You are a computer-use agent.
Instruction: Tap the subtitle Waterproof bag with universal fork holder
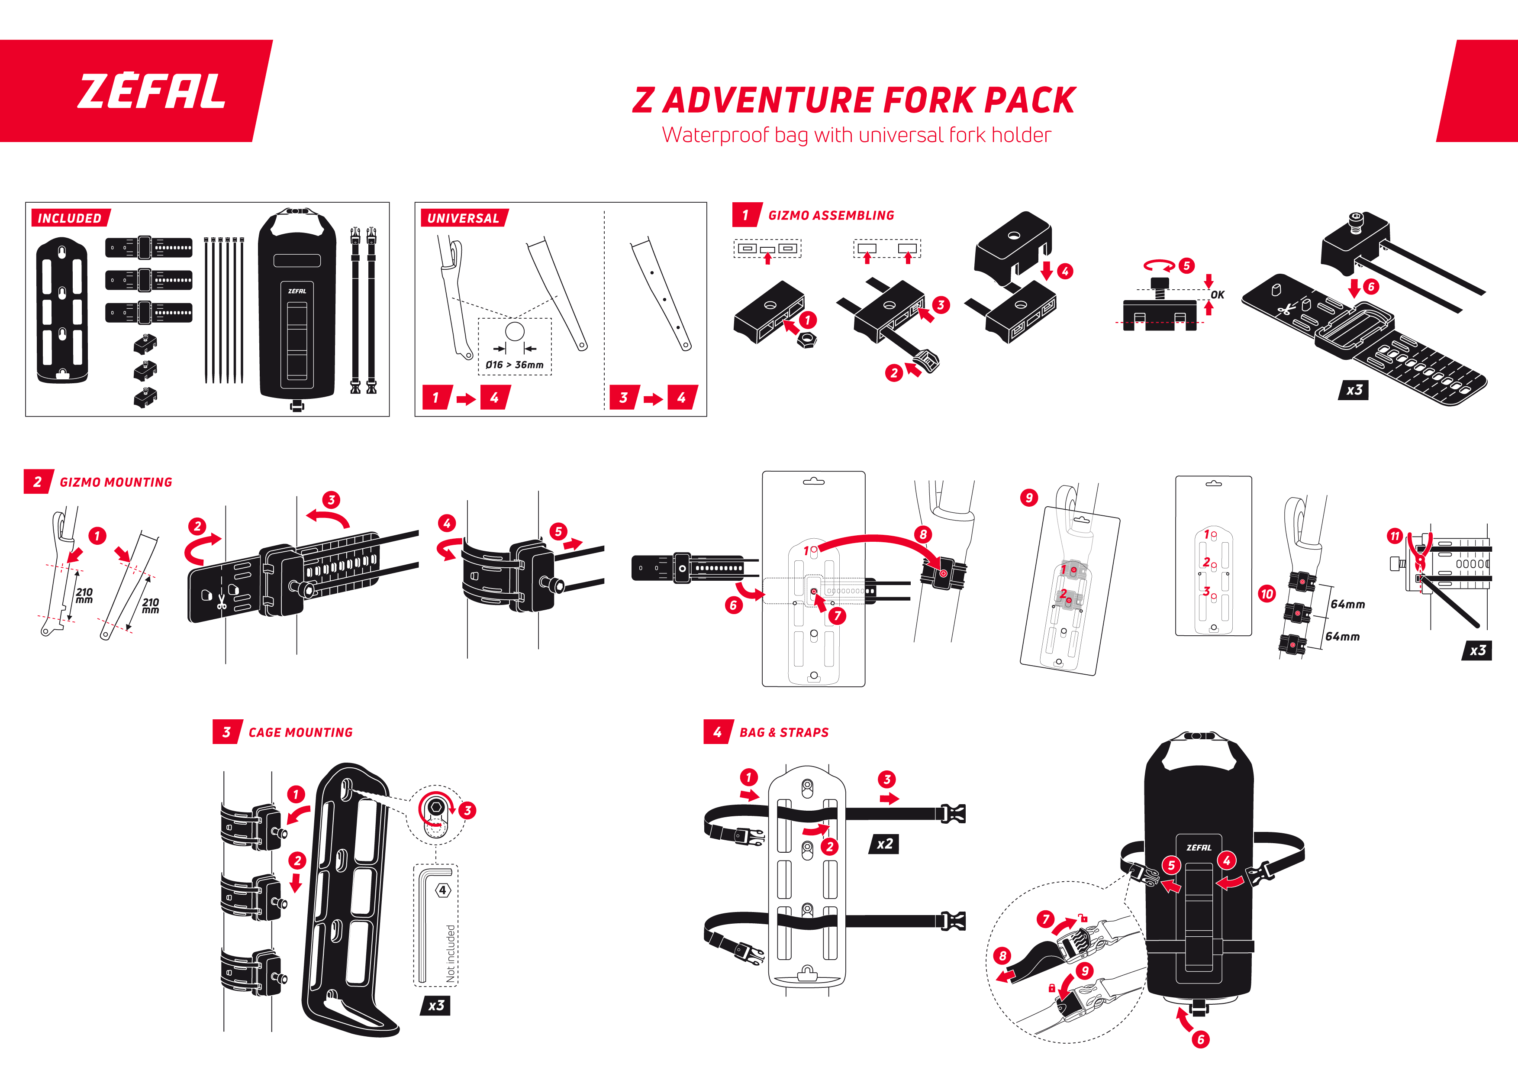pyautogui.click(x=856, y=135)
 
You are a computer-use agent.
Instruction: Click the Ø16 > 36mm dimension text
pyautogui.click(x=514, y=364)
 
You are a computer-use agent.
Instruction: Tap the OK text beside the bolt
pyautogui.click(x=1217, y=295)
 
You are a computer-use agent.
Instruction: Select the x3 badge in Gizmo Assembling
pyautogui.click(x=1354, y=390)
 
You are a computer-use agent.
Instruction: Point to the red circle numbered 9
pyautogui.click(x=1029, y=497)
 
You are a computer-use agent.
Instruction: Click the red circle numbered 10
pyautogui.click(x=1267, y=593)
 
